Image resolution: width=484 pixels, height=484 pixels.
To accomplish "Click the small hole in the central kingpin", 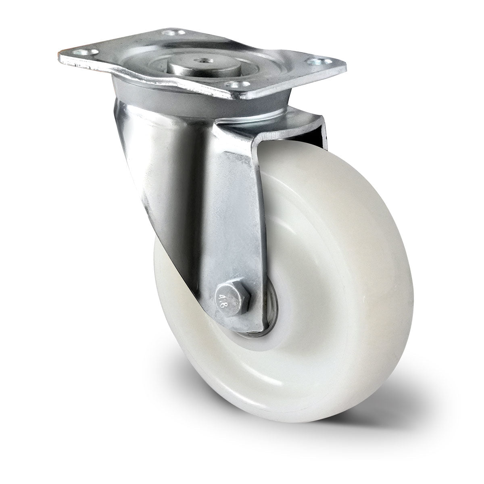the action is (203, 60).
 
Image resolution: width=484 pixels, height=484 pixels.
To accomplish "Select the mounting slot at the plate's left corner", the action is (89, 52).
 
